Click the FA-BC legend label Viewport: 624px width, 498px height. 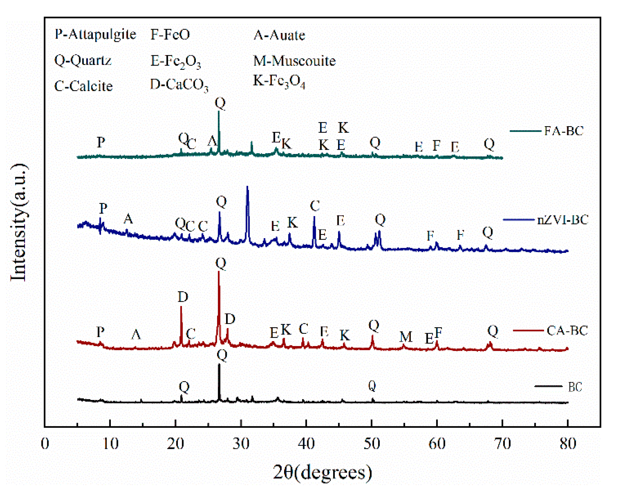tap(564, 131)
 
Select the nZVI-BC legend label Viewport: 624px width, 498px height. tap(562, 220)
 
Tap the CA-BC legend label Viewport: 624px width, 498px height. tap(567, 331)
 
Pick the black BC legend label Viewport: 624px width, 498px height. tap(575, 387)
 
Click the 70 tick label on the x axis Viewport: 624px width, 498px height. tap(502, 443)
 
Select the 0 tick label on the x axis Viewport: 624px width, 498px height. tap(45, 443)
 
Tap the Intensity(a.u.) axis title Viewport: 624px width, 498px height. tap(19, 222)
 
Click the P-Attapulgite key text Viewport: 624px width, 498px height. tap(95, 34)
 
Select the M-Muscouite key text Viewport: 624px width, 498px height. tap(294, 61)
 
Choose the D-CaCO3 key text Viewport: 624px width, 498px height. tap(179, 85)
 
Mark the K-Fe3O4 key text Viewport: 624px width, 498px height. tap(279, 81)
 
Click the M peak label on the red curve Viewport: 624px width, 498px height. tap(406, 337)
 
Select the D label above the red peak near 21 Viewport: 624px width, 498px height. tap(183, 297)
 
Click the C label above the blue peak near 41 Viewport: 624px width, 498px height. tap(315, 206)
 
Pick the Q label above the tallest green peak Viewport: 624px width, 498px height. tap(220, 103)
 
